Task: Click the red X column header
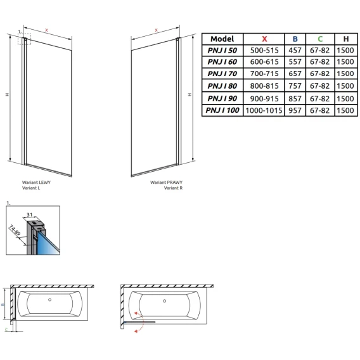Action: [264, 39]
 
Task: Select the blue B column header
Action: [295, 39]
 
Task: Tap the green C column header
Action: [320, 39]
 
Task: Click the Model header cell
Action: [222, 39]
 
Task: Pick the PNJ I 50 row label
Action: [222, 50]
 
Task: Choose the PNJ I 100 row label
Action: [222, 110]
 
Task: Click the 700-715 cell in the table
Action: [264, 74]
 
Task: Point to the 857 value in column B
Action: [295, 98]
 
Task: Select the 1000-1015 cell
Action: [264, 110]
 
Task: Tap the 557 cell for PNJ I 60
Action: [295, 61]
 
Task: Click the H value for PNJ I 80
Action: [345, 86]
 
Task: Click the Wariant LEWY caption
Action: [36, 183]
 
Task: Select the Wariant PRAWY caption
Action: [167, 183]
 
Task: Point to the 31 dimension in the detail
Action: [29, 215]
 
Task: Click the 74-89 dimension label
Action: [15, 230]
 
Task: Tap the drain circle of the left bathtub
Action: [49, 300]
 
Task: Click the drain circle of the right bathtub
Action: [164, 301]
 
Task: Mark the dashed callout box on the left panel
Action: [24, 39]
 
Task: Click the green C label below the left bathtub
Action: [6, 330]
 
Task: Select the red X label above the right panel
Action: [157, 30]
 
